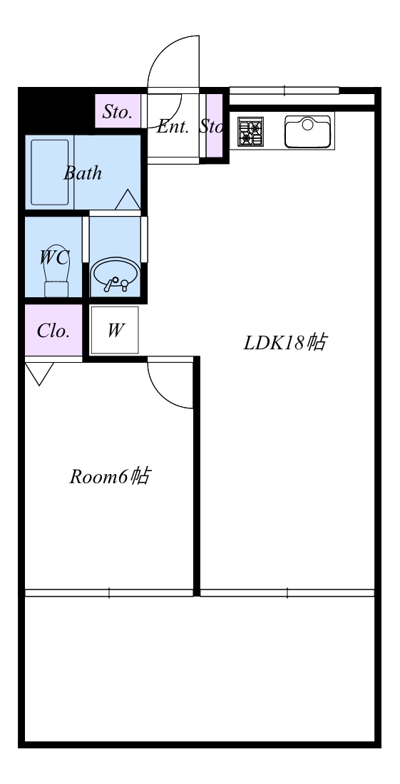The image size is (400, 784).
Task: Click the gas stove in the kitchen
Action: [x=250, y=132]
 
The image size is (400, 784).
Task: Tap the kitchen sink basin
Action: [x=307, y=132]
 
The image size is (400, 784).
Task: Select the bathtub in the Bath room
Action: [x=49, y=172]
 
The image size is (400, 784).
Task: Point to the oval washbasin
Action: [x=116, y=275]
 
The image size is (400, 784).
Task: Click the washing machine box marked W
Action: [x=115, y=330]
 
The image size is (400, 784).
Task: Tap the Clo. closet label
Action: [x=53, y=331]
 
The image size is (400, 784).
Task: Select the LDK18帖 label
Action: [x=285, y=343]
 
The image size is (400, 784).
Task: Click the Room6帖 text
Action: [x=110, y=477]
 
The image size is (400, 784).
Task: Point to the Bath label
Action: [x=83, y=173]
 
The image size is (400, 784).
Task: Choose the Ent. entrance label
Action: [x=173, y=127]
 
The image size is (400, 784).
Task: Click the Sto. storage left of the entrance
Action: [x=118, y=111]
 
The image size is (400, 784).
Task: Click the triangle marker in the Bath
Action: [x=128, y=200]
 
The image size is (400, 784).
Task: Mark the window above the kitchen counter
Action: [x=284, y=91]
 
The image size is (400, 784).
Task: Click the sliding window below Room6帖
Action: [x=109, y=593]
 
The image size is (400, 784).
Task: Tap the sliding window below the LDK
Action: [x=287, y=593]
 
